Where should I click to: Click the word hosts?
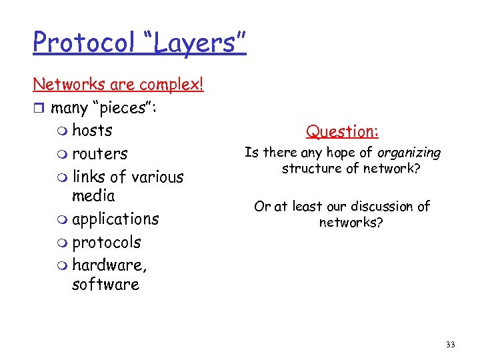coord(92,130)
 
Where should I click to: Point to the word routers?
coord(99,153)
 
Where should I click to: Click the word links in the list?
coord(88,177)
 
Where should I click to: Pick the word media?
coord(93,196)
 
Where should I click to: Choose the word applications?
coord(115,219)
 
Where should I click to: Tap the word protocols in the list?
coord(106,242)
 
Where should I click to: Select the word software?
coord(105,285)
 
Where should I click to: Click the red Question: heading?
coord(342,132)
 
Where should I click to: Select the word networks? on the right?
coord(351,223)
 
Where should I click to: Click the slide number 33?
coord(450,344)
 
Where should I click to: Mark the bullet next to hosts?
coord(63,131)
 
